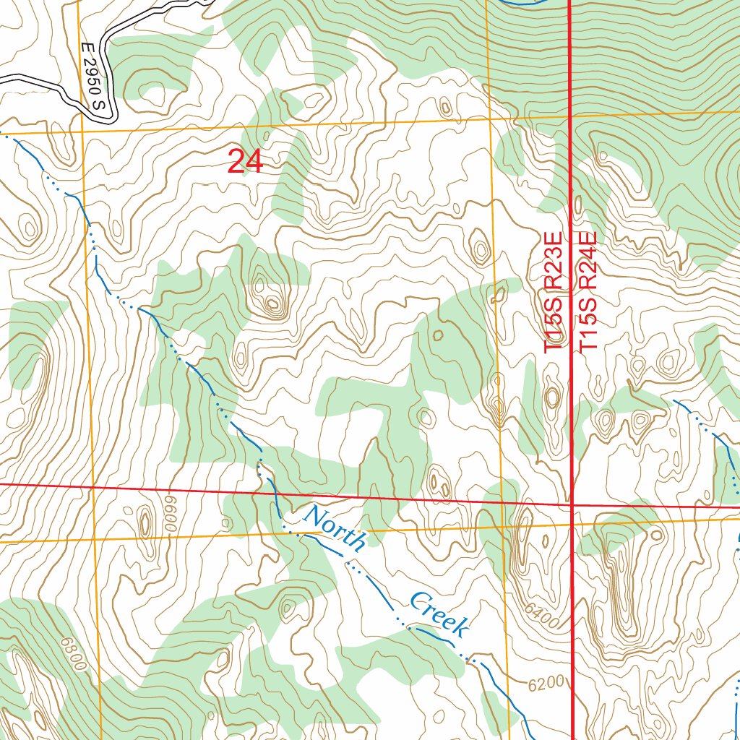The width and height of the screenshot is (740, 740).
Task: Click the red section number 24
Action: point(245,161)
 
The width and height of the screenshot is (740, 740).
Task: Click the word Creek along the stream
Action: point(437,614)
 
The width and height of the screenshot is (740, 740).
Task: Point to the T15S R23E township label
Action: point(553,292)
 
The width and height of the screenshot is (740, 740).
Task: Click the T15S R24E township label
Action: point(588,292)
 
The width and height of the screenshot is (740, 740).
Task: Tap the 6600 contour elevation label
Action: point(170,512)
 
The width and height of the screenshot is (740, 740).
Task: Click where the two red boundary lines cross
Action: point(572,504)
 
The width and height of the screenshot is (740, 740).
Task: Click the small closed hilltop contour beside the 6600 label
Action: point(145,522)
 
